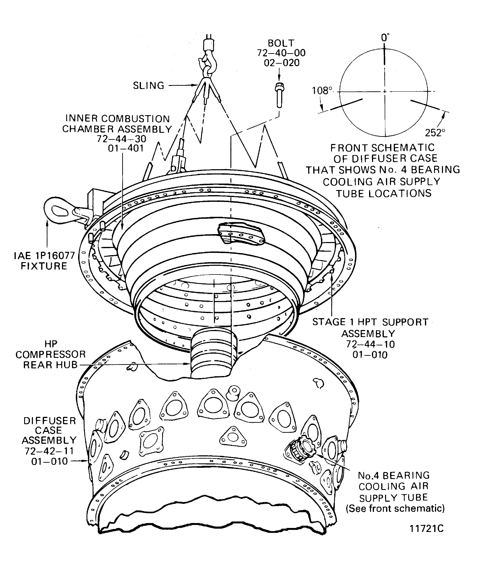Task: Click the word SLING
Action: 148,86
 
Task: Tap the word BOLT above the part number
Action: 281,43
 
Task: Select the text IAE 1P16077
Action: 44,256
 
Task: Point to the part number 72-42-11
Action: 49,451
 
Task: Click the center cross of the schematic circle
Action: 385,91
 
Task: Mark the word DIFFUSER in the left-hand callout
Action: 50,421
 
